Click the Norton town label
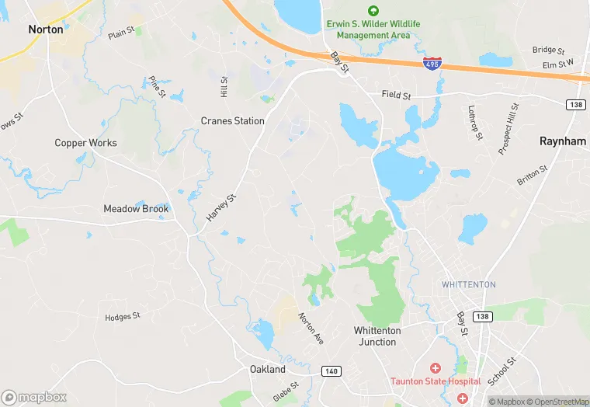(x=45, y=29)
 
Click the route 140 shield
(x=330, y=372)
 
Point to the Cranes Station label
(x=232, y=121)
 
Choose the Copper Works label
(x=85, y=143)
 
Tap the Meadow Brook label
(x=136, y=209)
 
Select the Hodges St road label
(x=123, y=317)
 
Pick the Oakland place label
(x=267, y=370)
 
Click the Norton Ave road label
(x=311, y=329)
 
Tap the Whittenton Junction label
(x=377, y=336)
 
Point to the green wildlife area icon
(x=373, y=10)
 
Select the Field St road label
(x=395, y=95)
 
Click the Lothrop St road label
(x=475, y=123)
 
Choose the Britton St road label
(x=533, y=176)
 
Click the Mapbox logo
(x=34, y=397)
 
